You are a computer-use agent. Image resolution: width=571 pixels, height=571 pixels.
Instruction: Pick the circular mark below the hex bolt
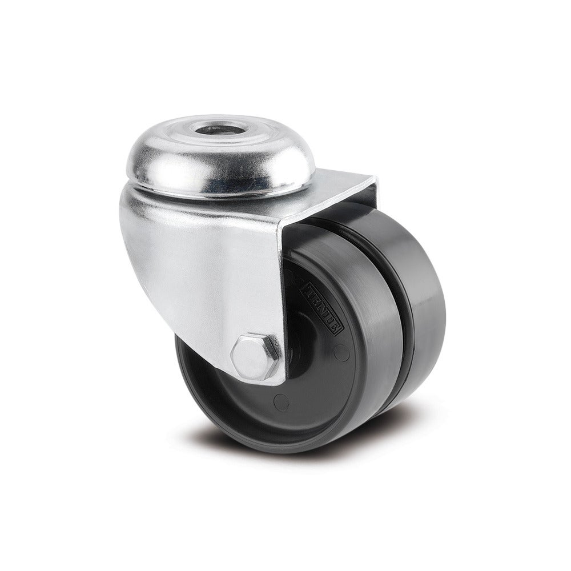[280, 402]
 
